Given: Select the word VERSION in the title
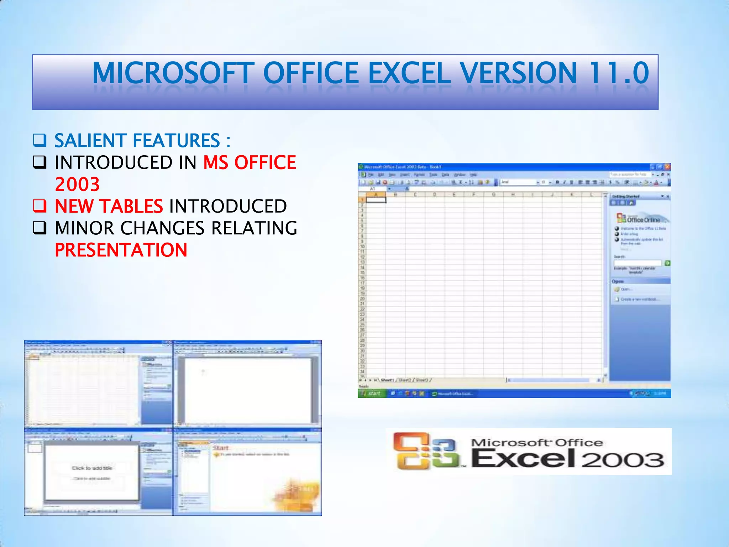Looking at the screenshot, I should [x=518, y=73].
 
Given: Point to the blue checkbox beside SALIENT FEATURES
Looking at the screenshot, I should [x=40, y=140].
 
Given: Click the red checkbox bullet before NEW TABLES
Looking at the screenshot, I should [x=40, y=206].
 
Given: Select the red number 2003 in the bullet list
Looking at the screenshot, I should [x=77, y=184].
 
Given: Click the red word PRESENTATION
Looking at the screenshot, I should [x=121, y=250].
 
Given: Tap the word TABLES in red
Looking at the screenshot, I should [x=131, y=206].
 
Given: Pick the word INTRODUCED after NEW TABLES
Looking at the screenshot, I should [x=228, y=206].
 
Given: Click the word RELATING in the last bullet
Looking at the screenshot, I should [x=254, y=228].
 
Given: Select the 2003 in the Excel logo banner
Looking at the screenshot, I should [x=623, y=460].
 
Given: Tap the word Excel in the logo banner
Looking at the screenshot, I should [x=523, y=458].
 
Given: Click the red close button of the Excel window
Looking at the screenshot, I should [x=667, y=167].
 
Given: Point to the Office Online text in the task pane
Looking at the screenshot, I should [x=643, y=220].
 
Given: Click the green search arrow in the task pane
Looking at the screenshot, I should [x=667, y=263].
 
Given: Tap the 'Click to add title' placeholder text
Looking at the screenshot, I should [x=92, y=468].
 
